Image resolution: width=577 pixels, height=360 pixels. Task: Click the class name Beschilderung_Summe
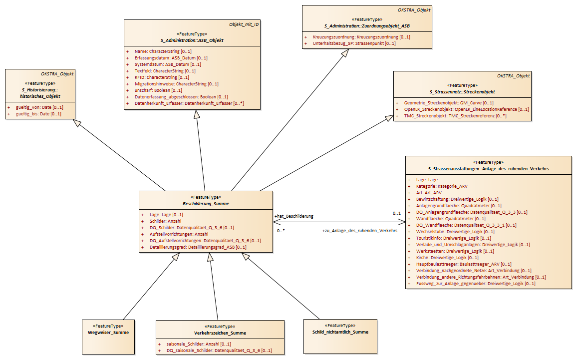pos(206,204)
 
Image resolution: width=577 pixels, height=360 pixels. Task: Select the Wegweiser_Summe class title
pos(108,333)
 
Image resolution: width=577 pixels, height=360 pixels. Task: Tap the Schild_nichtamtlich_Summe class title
pos(340,332)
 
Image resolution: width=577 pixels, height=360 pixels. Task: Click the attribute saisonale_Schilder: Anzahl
pos(199,344)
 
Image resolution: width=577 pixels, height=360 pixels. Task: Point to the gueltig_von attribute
pos(39,107)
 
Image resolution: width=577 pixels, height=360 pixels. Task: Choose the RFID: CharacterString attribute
pos(162,77)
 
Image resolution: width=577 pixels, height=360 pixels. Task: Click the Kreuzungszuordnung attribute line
pos(361,37)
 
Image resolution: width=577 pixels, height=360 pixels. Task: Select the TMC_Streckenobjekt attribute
pos(455,116)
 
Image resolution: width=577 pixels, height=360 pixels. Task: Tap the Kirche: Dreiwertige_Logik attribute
pos(447,258)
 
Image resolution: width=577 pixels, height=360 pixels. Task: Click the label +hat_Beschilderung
pos(294,216)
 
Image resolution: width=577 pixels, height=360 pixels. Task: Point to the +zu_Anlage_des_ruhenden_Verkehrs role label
pos(360,231)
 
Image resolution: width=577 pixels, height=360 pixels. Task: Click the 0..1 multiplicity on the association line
pos(397,213)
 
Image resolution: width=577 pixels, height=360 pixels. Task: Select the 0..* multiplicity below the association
pos(281,231)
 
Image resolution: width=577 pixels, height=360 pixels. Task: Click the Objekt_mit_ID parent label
pos(244,24)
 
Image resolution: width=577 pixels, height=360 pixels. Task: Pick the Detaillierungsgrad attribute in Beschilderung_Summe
pos(198,247)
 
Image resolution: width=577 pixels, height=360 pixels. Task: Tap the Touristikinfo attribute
pos(453,238)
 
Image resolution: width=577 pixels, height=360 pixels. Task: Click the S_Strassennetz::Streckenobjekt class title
pos(462,92)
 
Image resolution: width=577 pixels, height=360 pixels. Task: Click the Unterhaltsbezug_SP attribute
pos(354,43)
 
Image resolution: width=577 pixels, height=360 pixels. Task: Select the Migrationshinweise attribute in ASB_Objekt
pos(176,84)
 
